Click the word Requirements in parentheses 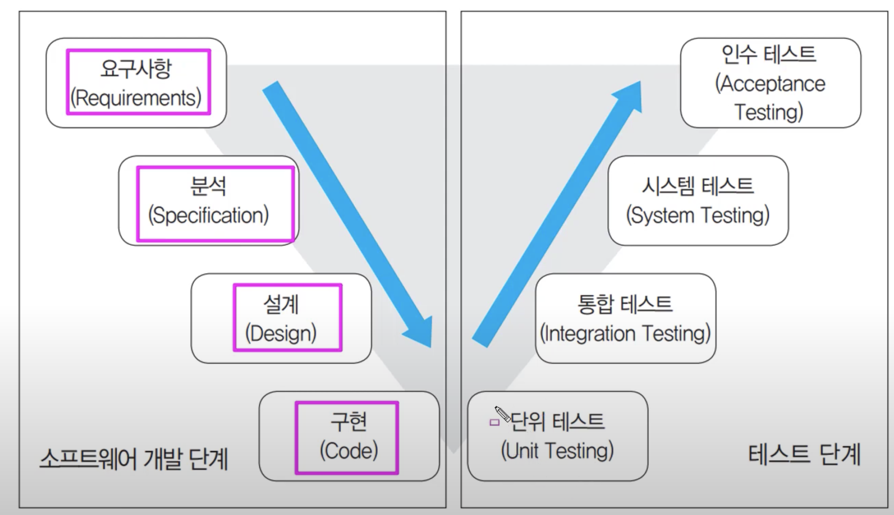[136, 98]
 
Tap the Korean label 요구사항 [136, 69]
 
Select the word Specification [209, 215]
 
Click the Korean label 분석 [208, 186]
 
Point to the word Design [281, 334]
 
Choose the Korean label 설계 [281, 304]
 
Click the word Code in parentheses [349, 451]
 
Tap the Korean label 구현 [349, 422]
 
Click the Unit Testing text [557, 451]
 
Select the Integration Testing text [625, 334]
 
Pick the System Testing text [698, 215]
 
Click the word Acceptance [771, 84]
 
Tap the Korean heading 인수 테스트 [769, 54]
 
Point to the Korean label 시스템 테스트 [698, 186]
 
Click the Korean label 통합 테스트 [625, 304]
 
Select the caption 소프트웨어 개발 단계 [133, 459]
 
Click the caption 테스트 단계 [804, 455]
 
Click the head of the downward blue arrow [420, 333]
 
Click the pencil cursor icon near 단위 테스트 [501, 414]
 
